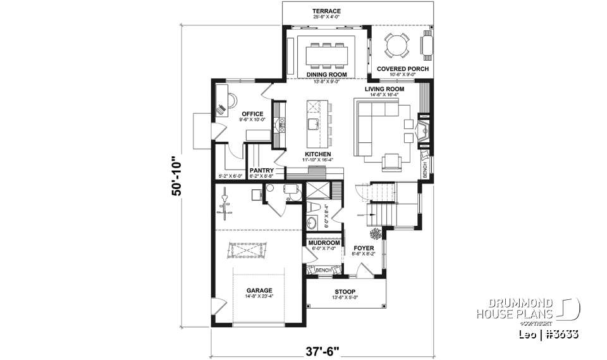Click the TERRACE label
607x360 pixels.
tap(327, 11)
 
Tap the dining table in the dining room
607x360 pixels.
tap(327, 54)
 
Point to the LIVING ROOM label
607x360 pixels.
tap(384, 89)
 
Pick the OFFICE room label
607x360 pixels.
tap(252, 114)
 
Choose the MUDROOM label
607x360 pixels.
tap(324, 242)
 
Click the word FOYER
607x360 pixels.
tap(363, 248)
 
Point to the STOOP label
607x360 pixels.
tap(346, 292)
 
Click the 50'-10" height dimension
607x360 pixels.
tap(178, 177)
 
